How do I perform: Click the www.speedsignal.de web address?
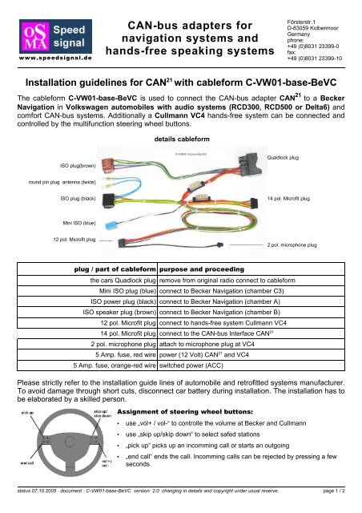[48, 58]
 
